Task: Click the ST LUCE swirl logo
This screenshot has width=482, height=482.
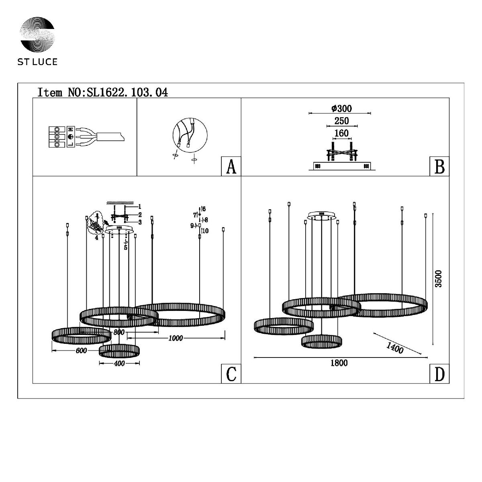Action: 37,34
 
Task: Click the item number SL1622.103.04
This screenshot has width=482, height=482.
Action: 127,92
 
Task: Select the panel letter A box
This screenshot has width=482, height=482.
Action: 231,166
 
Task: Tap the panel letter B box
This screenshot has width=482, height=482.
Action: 439,166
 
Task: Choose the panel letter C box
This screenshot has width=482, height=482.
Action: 231,374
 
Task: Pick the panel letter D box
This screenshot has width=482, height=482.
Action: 439,374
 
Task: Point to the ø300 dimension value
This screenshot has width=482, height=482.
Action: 341,108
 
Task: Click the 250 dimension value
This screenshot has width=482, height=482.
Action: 342,121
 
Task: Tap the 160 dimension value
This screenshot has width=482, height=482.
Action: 341,133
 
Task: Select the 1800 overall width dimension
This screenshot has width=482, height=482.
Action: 339,363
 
